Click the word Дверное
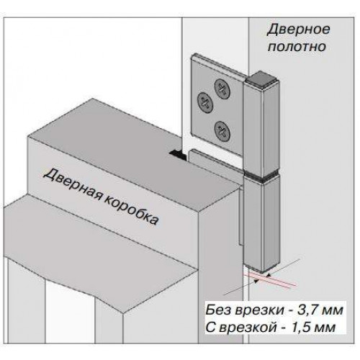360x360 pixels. click(298, 30)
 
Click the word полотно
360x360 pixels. click(297, 47)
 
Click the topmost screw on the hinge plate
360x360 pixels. click(222, 89)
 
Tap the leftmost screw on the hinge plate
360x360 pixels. click(205, 102)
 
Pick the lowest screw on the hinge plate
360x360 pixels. click(222, 131)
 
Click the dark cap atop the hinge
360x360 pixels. click(261, 79)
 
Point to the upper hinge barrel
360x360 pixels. click(261, 127)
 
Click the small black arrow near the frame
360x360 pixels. click(178, 155)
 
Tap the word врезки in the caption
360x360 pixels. click(259, 311)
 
